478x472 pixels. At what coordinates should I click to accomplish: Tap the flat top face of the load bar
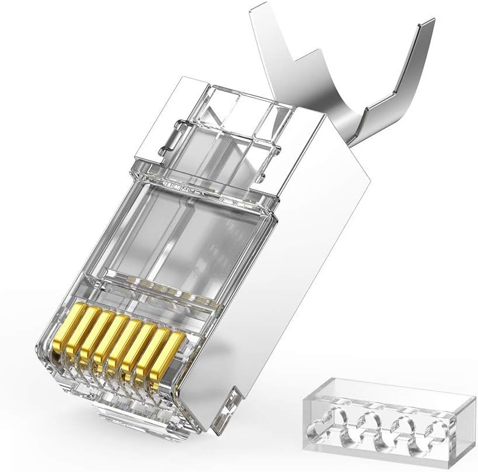click(391, 391)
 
